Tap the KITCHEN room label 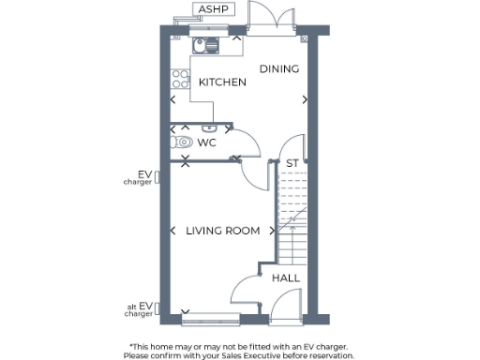(222, 82)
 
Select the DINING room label (279, 68)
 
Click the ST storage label (292, 164)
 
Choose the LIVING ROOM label (222, 231)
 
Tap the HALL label (286, 278)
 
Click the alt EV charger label (144, 308)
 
